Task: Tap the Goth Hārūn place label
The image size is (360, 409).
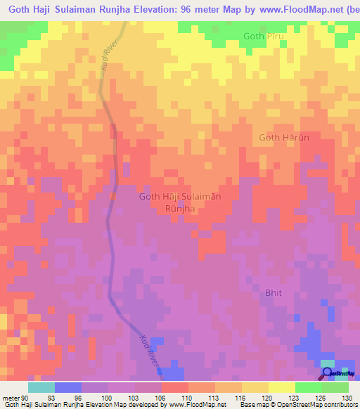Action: tap(284, 138)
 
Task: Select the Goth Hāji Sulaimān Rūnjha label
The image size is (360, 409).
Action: tap(181, 202)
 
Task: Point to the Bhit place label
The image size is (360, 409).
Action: tap(274, 292)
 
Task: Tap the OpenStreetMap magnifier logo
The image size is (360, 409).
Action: tap(327, 373)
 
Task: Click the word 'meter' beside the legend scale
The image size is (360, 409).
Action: tap(10, 397)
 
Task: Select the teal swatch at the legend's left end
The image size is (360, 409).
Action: tap(41, 387)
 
